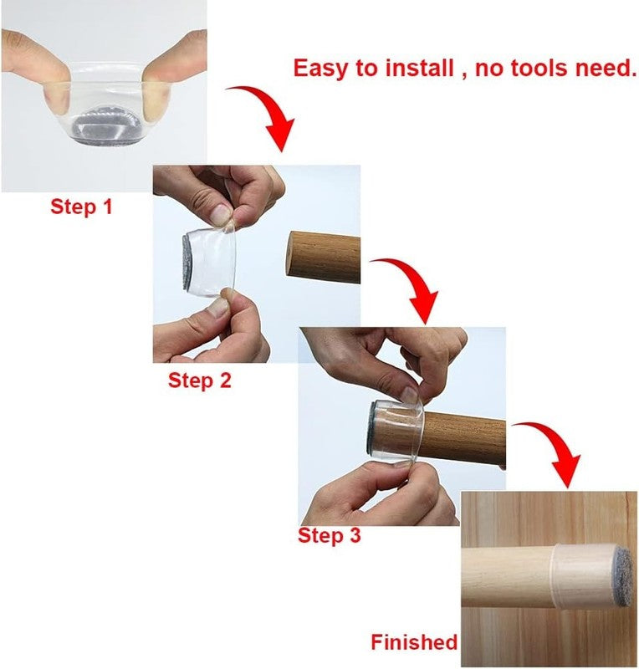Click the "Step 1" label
81,207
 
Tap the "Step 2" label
199,380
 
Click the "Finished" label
414,642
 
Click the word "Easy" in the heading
323,68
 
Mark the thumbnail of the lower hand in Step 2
218,305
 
